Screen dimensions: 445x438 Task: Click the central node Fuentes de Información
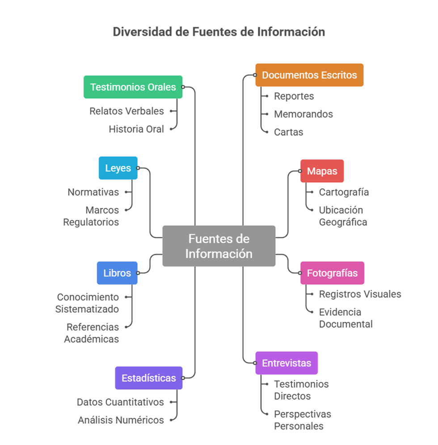click(x=219, y=246)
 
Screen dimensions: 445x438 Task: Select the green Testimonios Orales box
click(x=133, y=87)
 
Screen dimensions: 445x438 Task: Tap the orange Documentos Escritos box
click(x=309, y=75)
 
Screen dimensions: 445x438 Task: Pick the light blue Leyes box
click(x=118, y=168)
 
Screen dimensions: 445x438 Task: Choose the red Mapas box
click(x=322, y=171)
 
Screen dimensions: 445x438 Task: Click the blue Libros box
click(x=117, y=273)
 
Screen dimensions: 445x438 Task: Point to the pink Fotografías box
click(x=332, y=273)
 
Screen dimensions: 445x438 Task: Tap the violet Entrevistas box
click(x=286, y=363)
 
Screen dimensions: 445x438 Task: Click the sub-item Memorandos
click(x=303, y=114)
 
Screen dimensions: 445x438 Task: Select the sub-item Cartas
click(x=289, y=132)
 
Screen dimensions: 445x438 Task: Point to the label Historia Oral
click(x=136, y=129)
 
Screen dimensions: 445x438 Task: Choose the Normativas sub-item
click(x=93, y=192)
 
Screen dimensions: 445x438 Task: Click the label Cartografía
click(x=344, y=192)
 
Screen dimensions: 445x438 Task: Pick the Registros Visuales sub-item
click(x=360, y=294)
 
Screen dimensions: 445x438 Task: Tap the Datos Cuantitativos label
click(x=120, y=402)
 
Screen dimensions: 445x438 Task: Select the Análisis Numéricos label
click(x=121, y=420)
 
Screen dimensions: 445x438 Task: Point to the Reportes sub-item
click(x=294, y=96)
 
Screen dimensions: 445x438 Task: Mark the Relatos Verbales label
click(x=126, y=111)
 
